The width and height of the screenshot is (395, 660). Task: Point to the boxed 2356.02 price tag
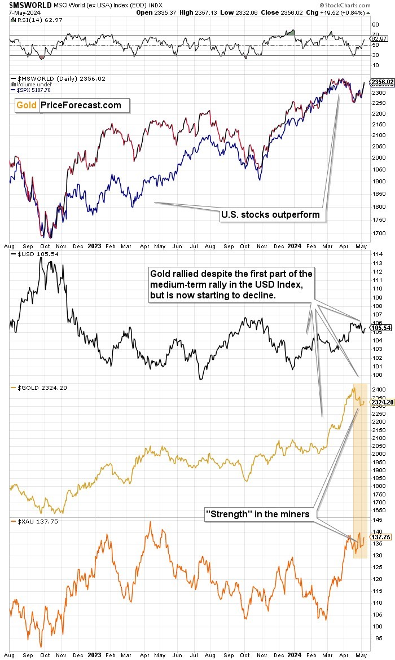click(381, 82)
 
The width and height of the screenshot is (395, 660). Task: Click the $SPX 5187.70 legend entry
click(32, 90)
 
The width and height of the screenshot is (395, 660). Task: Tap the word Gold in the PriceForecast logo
click(27, 105)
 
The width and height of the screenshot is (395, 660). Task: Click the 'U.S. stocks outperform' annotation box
click(269, 214)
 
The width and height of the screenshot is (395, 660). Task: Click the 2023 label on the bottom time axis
click(94, 655)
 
